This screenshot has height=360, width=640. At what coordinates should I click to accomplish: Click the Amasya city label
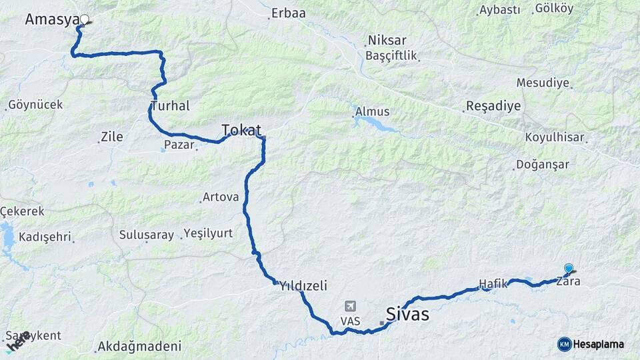point(52,20)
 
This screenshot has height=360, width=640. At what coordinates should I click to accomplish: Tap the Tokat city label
point(241,130)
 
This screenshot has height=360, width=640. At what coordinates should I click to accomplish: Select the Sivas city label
point(407,314)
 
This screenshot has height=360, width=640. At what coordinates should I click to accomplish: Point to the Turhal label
point(171,106)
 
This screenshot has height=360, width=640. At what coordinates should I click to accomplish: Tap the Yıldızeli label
point(303,286)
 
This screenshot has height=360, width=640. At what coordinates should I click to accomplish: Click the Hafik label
point(493,283)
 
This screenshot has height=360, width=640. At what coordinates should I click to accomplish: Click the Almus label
point(372,111)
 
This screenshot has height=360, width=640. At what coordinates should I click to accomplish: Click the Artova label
point(221,197)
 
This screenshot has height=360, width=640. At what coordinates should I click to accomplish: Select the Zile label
point(111,137)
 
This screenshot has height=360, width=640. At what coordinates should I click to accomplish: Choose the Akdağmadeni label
point(139,347)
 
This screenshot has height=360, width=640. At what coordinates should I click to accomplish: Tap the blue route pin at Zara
point(569,268)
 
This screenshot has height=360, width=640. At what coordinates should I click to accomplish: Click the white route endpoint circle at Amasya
point(84,19)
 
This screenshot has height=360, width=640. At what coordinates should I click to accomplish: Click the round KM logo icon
point(564,344)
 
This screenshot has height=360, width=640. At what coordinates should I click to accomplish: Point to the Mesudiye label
point(543,83)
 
